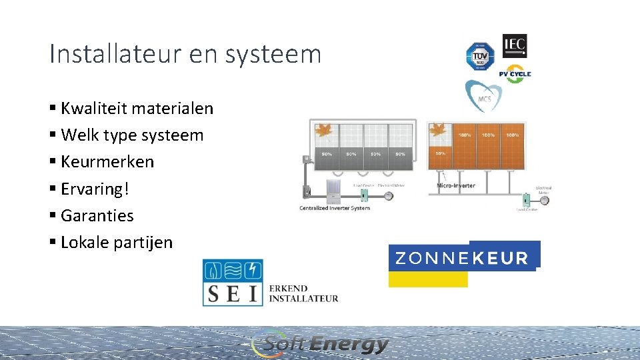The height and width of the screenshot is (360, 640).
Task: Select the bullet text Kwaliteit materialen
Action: tap(137, 108)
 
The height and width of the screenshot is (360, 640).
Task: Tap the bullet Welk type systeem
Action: tap(132, 135)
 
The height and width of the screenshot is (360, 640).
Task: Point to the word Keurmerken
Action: tap(107, 162)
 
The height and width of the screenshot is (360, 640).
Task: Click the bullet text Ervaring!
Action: tap(95, 189)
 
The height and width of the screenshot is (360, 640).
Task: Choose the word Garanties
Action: tap(97, 215)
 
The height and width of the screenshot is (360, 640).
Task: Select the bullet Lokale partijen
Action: tap(116, 242)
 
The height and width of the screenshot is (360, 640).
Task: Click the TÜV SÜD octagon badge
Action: tap(479, 56)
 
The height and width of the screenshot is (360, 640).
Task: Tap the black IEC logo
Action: tap(515, 46)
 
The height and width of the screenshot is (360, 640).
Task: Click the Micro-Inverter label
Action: tap(456, 185)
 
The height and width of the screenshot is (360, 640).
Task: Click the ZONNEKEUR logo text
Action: tap(462, 258)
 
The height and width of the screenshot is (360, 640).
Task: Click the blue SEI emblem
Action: tap(233, 282)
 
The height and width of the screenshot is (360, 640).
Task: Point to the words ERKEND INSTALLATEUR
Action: tap(303, 293)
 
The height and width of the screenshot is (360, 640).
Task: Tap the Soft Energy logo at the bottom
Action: tap(321, 344)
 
